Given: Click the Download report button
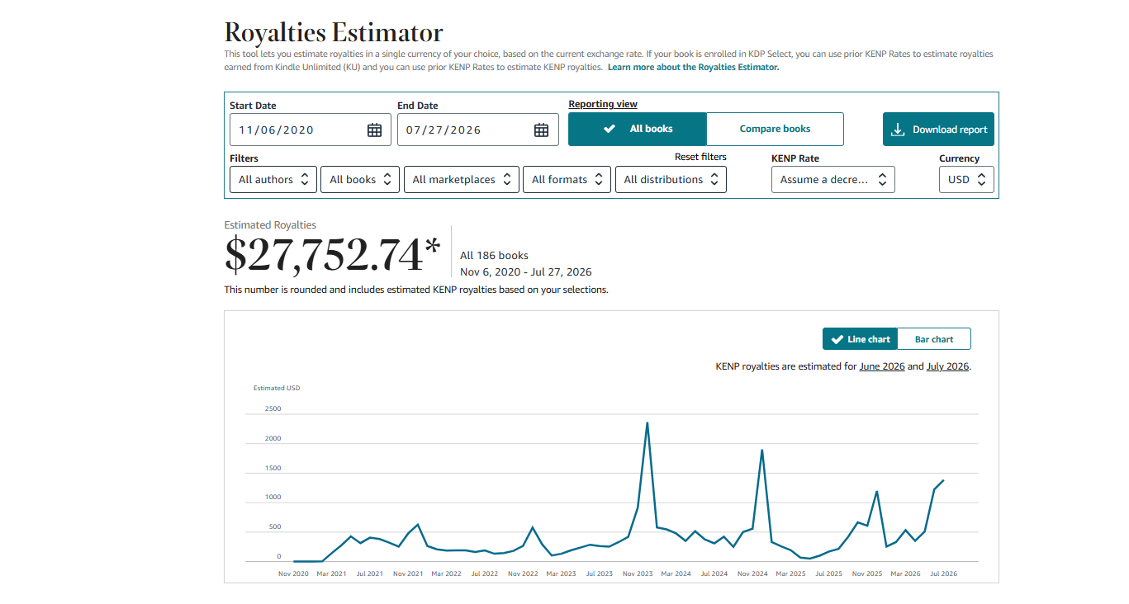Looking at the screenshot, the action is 938,130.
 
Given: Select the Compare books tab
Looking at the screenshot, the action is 775,129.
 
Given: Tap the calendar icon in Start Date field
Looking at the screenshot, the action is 374,130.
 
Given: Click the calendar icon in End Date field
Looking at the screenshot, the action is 541,130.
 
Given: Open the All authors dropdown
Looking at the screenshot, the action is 273,179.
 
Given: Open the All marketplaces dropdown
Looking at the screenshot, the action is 461,179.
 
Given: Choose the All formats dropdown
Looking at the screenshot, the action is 567,179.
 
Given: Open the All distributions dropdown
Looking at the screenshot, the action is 671,179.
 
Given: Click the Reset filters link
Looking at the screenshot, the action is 700,157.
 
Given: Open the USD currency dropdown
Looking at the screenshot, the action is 966,179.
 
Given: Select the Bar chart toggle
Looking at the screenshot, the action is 934,339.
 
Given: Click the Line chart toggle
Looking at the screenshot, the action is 860,339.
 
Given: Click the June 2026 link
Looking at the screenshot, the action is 881,366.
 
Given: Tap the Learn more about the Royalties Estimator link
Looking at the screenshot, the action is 693,67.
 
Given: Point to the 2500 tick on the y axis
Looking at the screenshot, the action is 273,408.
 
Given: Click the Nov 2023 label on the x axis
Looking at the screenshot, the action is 638,573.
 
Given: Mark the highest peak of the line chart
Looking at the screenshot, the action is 648,422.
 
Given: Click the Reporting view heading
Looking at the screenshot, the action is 603,104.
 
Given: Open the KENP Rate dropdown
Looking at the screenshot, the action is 833,179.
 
